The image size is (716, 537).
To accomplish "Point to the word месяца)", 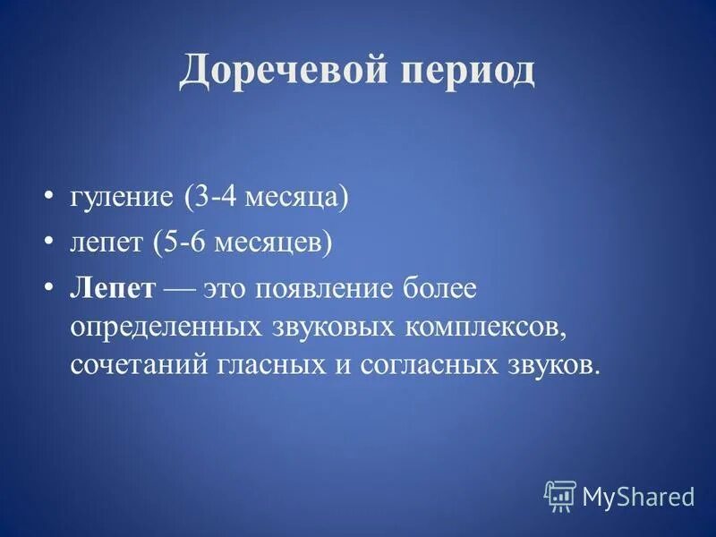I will (296, 198).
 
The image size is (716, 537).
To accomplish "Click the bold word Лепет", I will (113, 288).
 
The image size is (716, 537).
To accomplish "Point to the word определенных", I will (166, 327).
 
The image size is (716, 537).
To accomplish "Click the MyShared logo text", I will (638, 496).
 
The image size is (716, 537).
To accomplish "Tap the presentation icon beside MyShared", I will (559, 495).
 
